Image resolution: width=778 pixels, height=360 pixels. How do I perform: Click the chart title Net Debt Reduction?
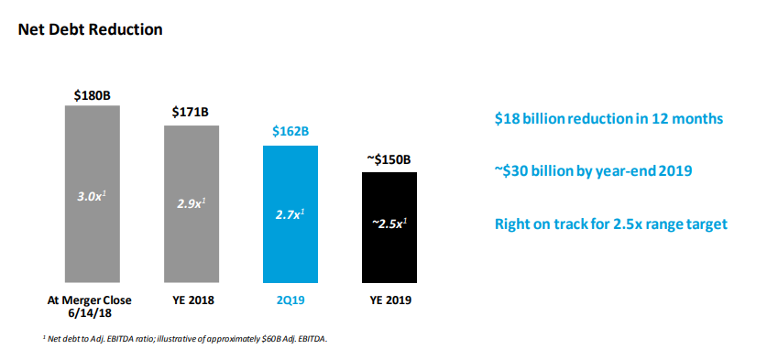coord(90,29)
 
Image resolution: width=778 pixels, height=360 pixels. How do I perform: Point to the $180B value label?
coord(92,93)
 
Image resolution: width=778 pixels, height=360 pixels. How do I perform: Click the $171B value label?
coord(191,113)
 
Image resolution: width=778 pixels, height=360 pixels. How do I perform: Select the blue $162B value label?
coord(290,132)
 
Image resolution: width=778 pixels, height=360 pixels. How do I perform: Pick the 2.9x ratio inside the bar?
coord(191,203)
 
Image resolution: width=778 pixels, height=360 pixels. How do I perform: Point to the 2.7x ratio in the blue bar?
coord(290,213)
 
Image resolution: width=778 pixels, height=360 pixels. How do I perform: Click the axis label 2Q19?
coord(290,300)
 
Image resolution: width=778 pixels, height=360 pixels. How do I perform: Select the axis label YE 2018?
coord(191,300)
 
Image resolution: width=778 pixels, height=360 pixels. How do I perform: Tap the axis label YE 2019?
coord(389,300)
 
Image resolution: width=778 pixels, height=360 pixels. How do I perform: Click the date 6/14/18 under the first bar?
coord(91,313)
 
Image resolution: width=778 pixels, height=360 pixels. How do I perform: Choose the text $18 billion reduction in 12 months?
coord(608,118)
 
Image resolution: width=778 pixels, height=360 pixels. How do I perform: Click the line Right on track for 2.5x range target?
coord(611,224)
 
